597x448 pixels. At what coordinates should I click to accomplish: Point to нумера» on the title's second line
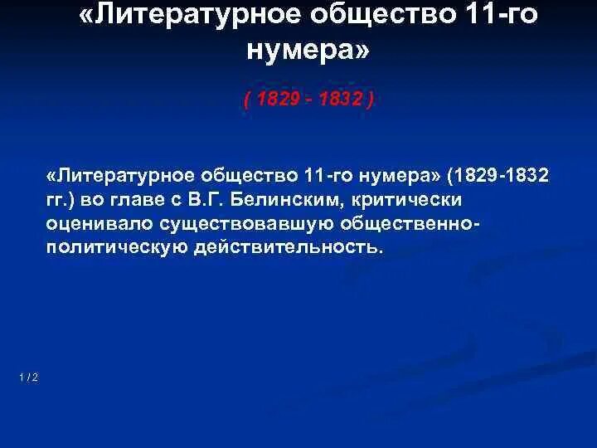[308, 52]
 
